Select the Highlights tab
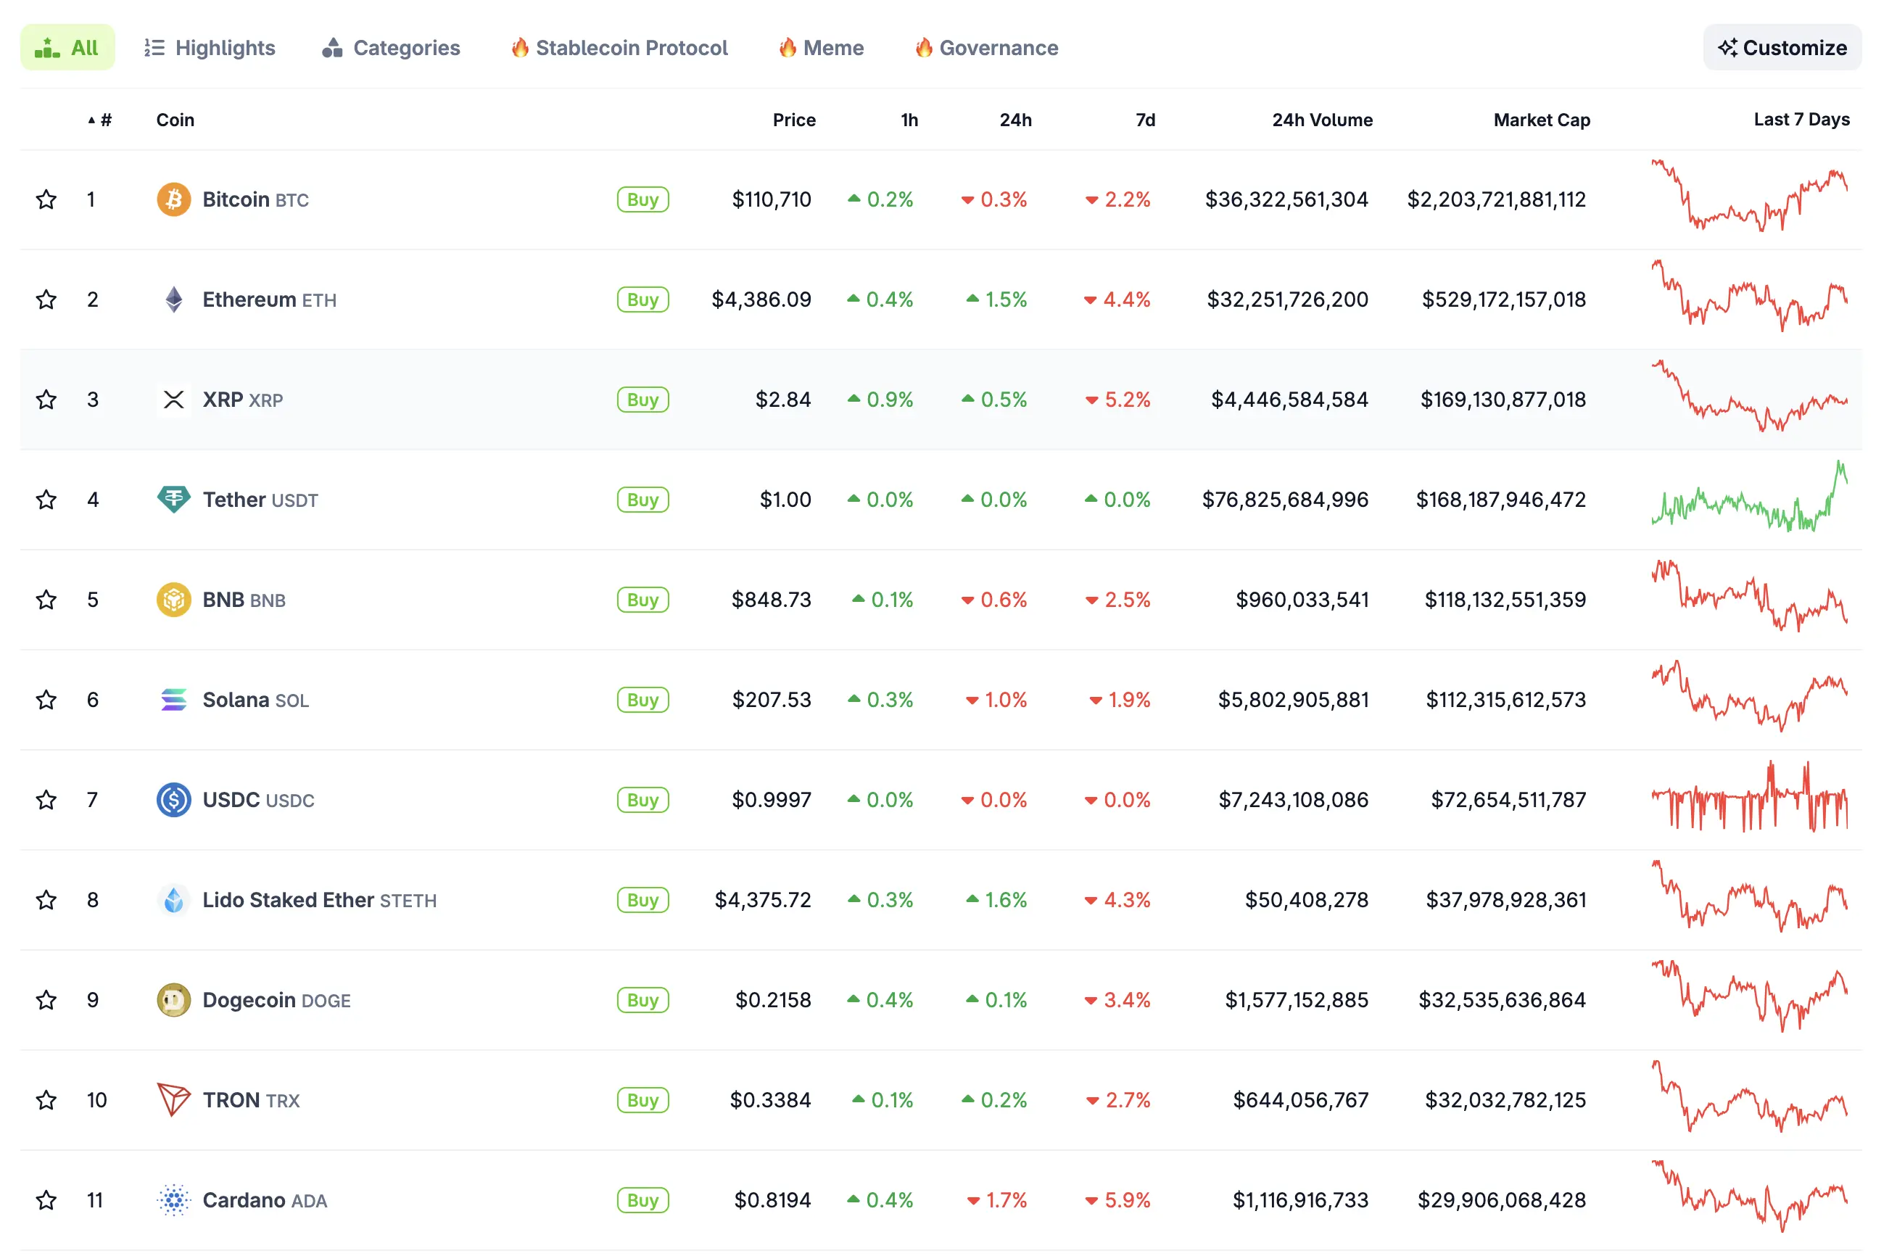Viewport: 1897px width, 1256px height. [209, 48]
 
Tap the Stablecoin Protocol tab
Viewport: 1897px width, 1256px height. [619, 48]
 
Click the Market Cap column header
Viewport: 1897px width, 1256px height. [1541, 120]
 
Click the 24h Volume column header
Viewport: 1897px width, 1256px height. [1321, 120]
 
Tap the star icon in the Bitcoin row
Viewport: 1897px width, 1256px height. [46, 199]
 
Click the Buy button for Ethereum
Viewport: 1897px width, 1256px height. [642, 299]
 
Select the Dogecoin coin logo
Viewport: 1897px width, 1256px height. [174, 1000]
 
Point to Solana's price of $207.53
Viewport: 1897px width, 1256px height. [770, 700]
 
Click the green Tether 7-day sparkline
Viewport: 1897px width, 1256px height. [1749, 500]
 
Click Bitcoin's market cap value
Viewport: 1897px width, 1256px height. [1496, 199]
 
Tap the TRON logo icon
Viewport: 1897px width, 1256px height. [174, 1100]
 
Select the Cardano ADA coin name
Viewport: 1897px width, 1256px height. [264, 1200]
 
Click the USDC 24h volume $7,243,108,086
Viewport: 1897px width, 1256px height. [1292, 800]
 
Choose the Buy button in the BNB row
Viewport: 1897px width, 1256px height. [642, 600]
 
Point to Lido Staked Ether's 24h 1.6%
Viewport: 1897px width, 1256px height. [996, 901]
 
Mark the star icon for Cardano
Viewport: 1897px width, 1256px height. [46, 1200]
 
